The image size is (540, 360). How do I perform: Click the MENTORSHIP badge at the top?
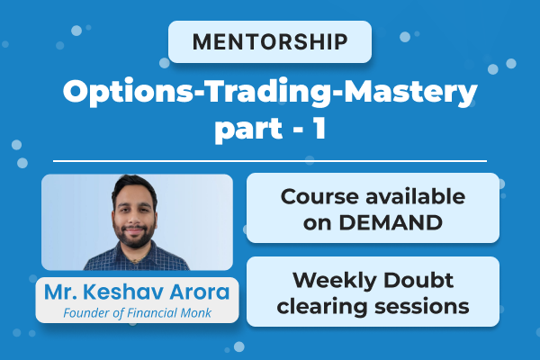pos(270,41)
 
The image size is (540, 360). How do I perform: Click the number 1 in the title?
pos(319,128)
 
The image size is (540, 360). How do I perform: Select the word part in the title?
pos(241,128)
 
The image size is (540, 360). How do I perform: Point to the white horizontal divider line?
pos(270,161)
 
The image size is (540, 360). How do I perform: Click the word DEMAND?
pos(398,219)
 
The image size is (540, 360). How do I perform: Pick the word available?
pos(409,196)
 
